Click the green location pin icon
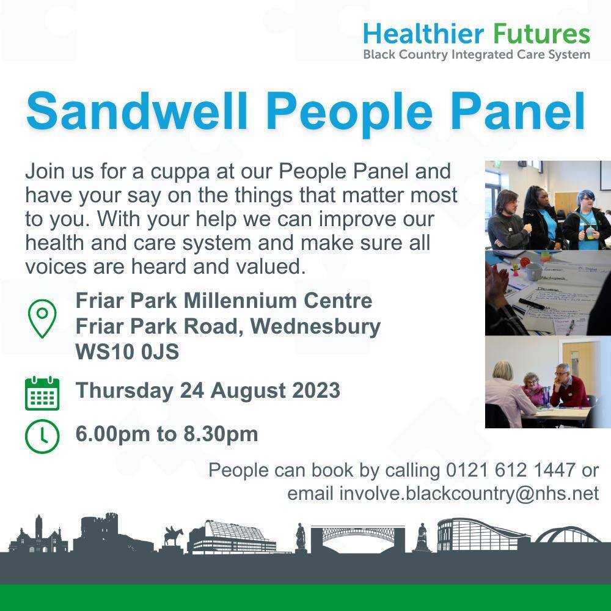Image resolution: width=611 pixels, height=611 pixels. (x=42, y=318)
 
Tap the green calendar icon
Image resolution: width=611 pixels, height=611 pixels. (x=42, y=393)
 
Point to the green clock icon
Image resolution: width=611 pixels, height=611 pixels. (x=42, y=436)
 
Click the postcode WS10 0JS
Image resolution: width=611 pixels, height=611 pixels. (x=127, y=353)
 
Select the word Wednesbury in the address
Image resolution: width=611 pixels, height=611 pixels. (x=315, y=327)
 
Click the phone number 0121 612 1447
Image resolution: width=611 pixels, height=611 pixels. (x=511, y=470)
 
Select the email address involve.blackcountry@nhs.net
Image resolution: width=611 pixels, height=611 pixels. (x=469, y=493)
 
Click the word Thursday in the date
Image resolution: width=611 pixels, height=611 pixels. (x=124, y=390)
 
